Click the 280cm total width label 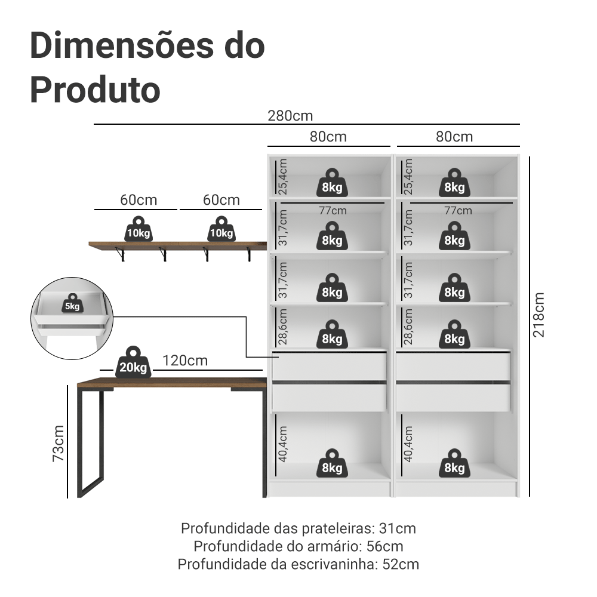(x=290, y=116)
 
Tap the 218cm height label (x=538, y=315)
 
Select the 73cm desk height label (x=59, y=444)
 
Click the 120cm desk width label (x=185, y=361)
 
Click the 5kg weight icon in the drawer (x=72, y=303)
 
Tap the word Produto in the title (x=95, y=90)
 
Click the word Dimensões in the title (x=121, y=46)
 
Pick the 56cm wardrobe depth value (x=384, y=546)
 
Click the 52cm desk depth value (x=401, y=564)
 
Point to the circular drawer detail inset (x=72, y=318)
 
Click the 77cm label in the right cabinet (x=458, y=211)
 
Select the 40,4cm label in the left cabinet (x=282, y=444)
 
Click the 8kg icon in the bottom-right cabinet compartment (x=454, y=463)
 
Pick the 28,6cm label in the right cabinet (x=408, y=327)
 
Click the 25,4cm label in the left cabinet (x=282, y=177)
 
